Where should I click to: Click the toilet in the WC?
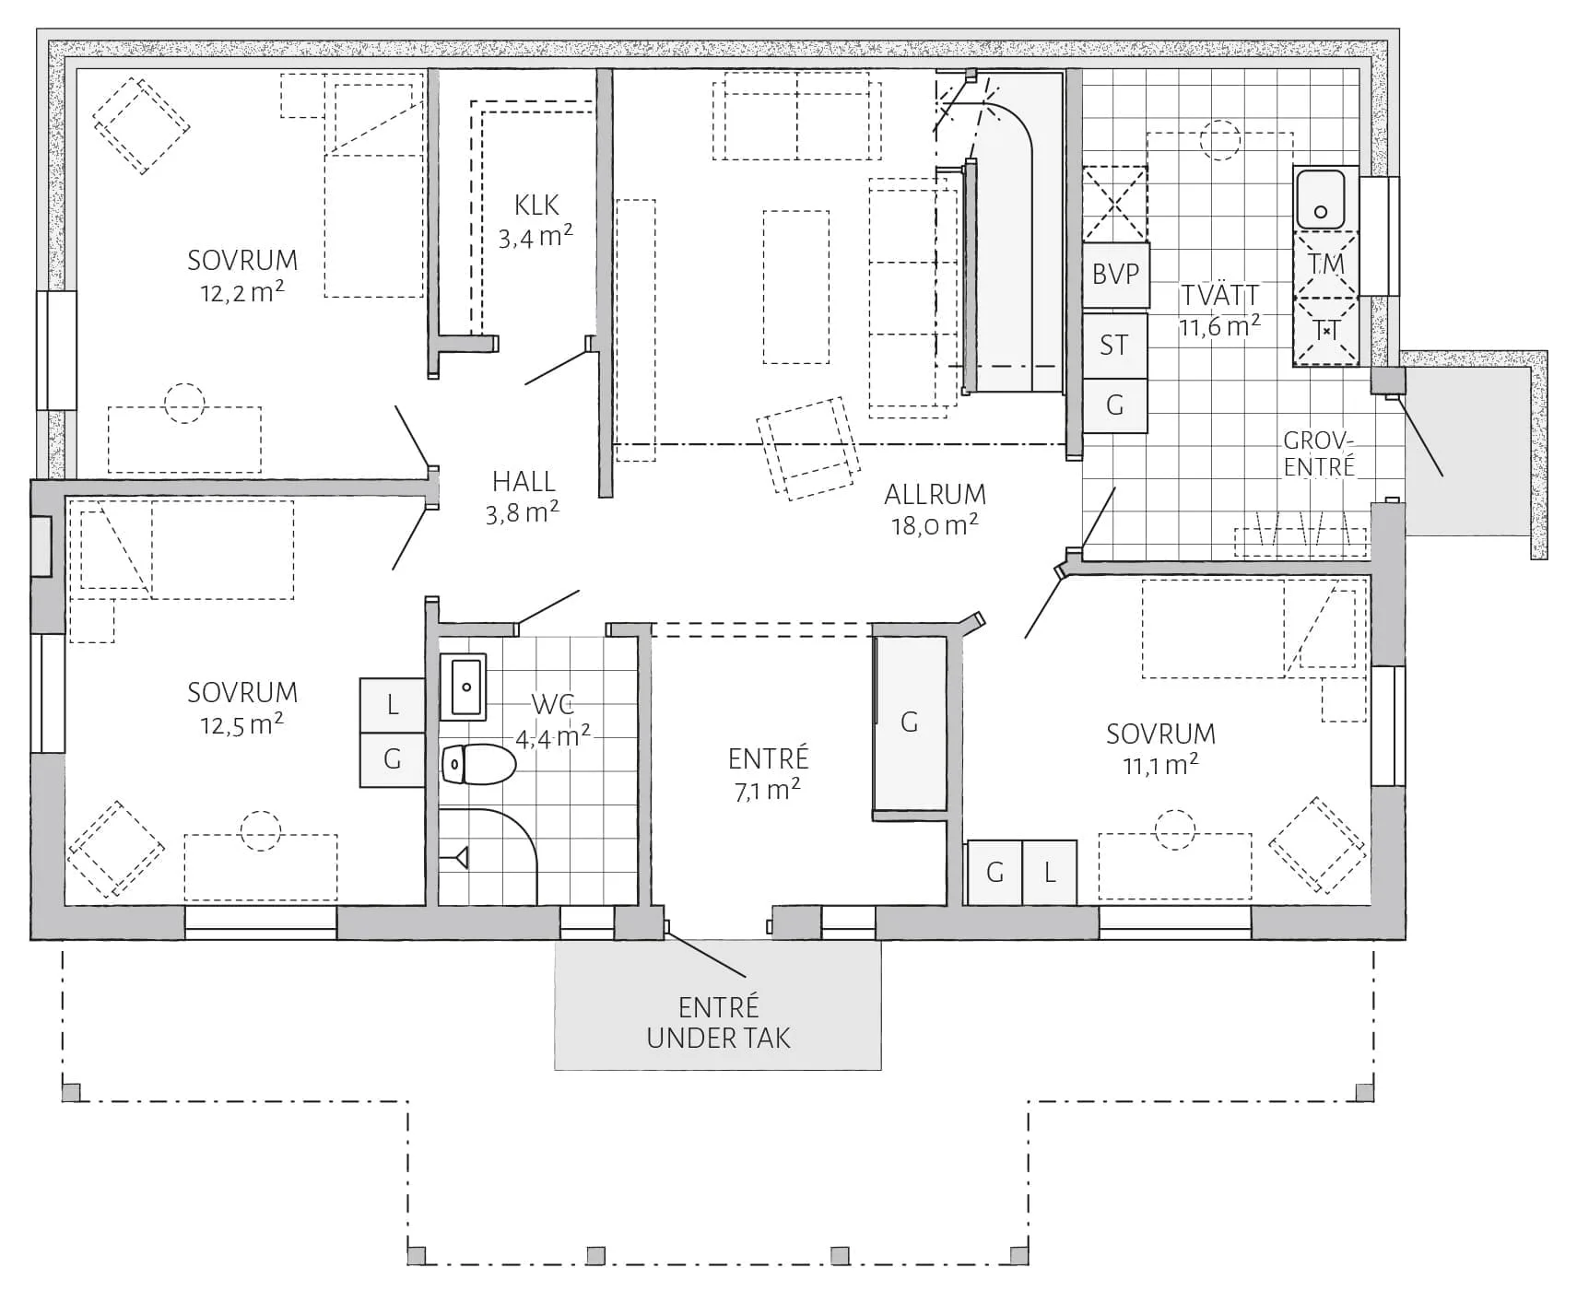[478, 764]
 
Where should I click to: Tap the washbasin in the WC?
[464, 687]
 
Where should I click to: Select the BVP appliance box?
[1115, 275]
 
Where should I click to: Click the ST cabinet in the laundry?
[1114, 346]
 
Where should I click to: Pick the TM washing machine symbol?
[1325, 264]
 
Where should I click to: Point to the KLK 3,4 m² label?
[535, 221]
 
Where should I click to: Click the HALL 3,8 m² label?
[523, 496]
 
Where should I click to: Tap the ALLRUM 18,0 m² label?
[935, 510]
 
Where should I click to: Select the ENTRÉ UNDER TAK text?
[718, 1023]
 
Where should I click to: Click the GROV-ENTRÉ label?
[1320, 453]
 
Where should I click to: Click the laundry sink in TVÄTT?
[1325, 198]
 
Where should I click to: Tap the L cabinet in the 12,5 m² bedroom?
[392, 706]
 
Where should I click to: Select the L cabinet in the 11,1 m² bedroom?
[1049, 873]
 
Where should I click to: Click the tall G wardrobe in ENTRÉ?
[910, 722]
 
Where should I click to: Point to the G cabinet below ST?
[1114, 405]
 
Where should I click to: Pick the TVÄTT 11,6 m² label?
[1219, 311]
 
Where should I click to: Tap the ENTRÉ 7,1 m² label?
[768, 774]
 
